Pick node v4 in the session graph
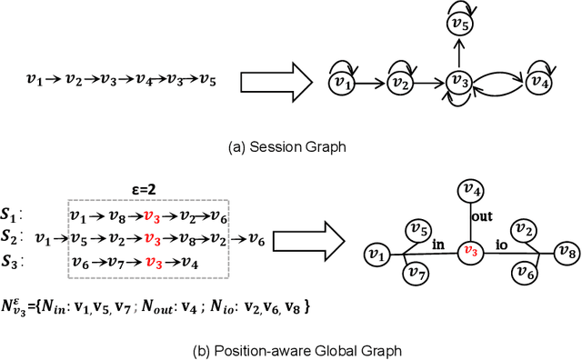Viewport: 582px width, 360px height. point(541,84)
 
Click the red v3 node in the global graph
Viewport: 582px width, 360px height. point(469,251)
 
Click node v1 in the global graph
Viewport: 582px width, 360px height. point(375,251)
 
